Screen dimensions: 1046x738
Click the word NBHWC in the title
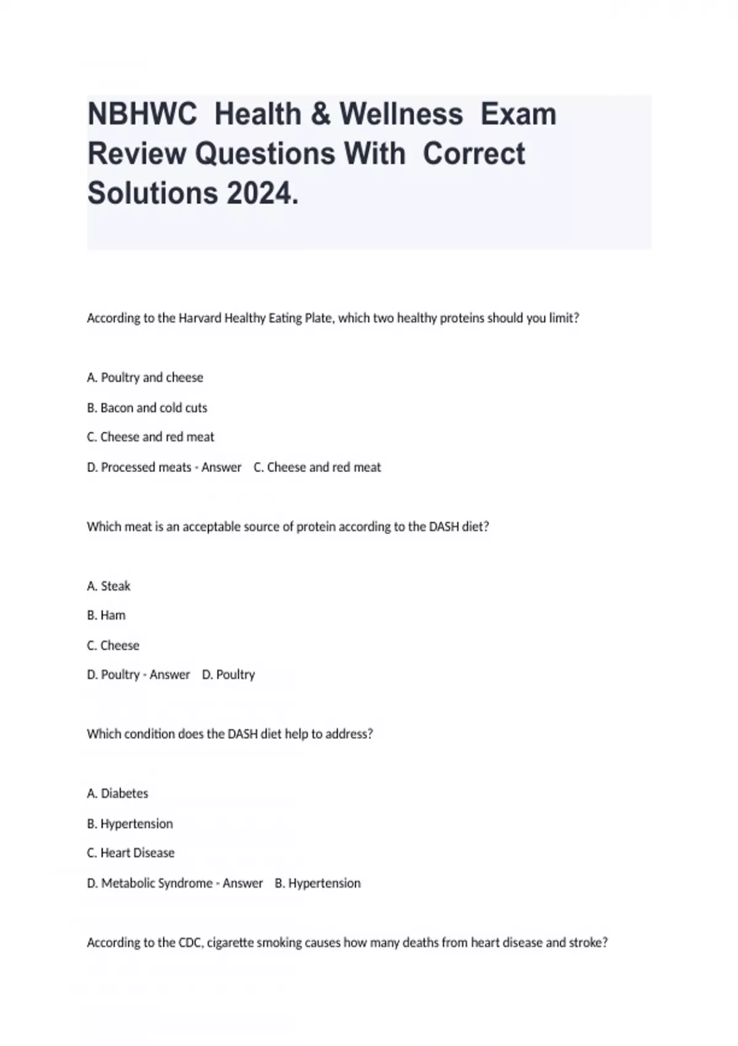142,114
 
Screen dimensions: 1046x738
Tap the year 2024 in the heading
262,193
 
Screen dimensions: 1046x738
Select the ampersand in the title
320,114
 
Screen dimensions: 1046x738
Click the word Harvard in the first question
200,318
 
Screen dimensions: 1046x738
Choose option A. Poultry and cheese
145,377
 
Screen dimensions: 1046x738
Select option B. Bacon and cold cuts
147,407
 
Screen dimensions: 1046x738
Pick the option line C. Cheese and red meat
151,437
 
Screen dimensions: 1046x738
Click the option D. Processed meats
139,467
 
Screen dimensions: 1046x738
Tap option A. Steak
109,586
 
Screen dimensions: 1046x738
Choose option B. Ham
106,615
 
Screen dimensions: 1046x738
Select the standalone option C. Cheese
113,645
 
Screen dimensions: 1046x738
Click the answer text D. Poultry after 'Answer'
228,674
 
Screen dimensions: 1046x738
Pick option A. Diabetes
117,793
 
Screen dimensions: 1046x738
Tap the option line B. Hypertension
130,823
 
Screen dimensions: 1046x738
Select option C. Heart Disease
130,853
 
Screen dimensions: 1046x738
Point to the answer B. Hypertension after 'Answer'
318,883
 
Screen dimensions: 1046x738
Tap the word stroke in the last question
587,942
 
